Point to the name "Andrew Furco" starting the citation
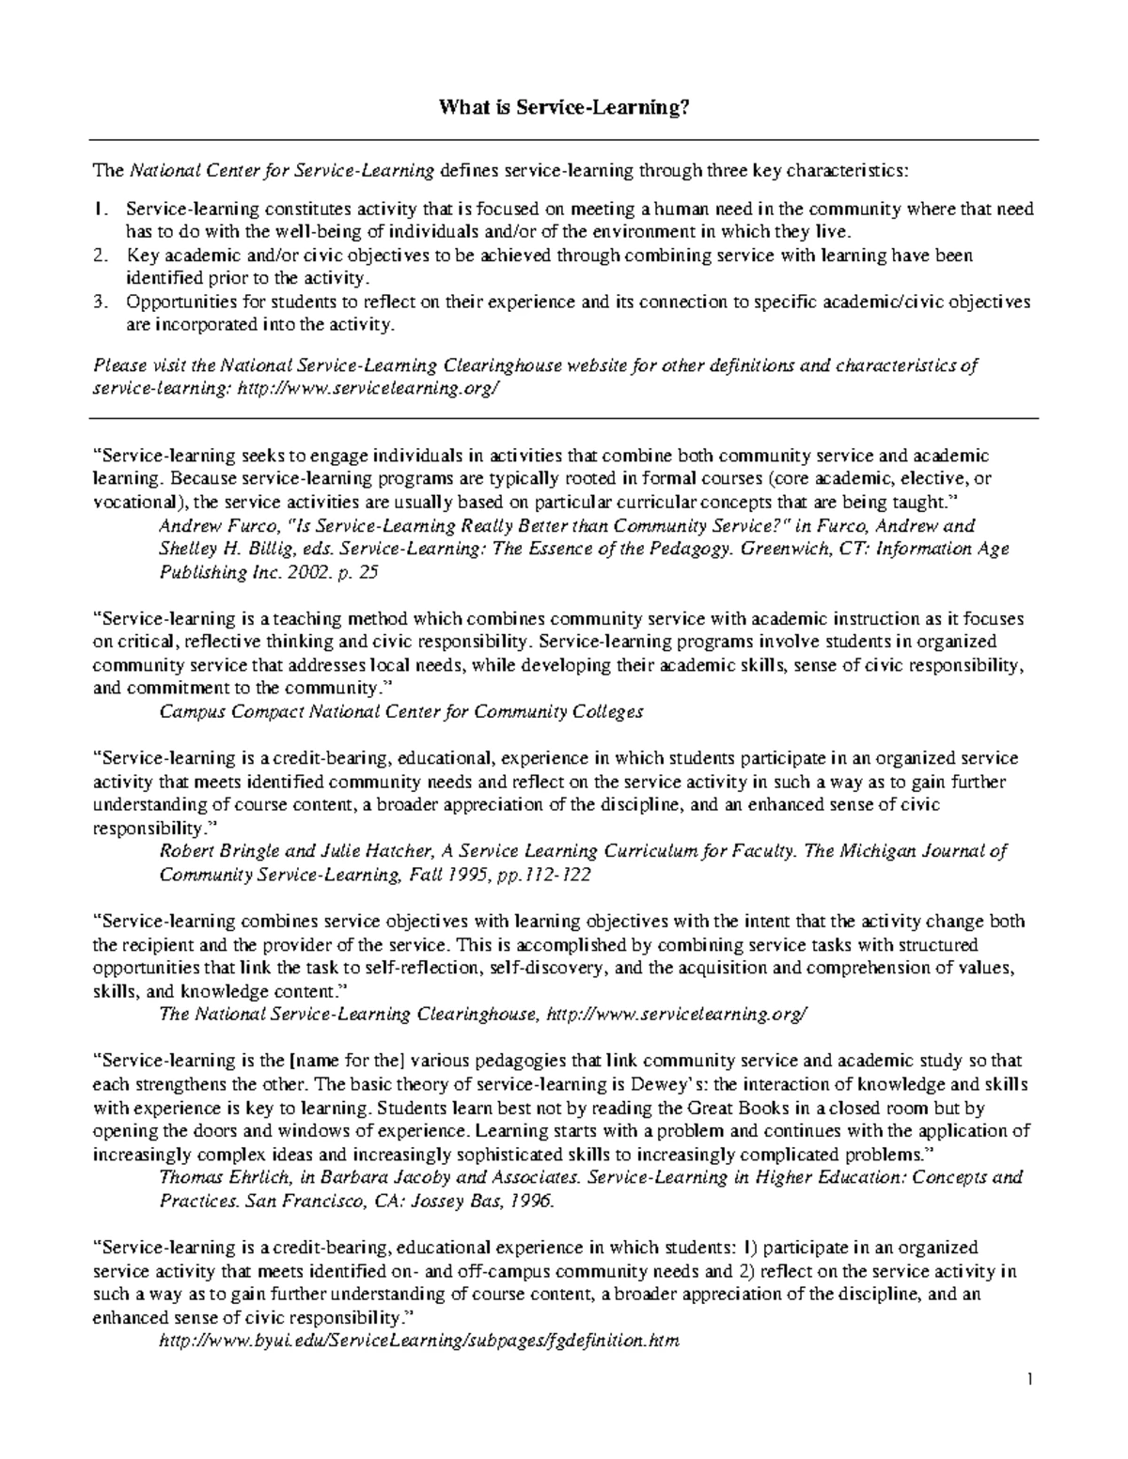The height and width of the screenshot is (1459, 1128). (x=208, y=526)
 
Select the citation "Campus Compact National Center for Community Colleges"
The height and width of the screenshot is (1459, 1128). (x=401, y=712)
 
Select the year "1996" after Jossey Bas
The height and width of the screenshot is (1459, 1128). (x=533, y=1201)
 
